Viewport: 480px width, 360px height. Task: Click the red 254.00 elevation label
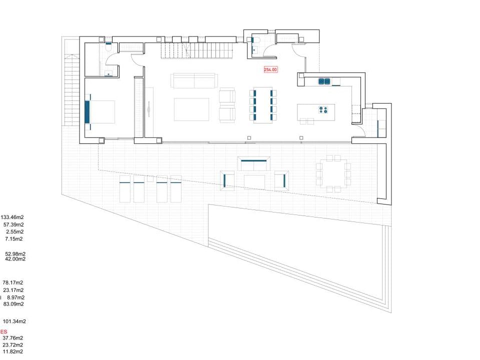[270, 70]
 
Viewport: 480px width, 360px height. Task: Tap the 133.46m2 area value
[12, 217]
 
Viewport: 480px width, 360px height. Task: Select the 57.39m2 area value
[13, 225]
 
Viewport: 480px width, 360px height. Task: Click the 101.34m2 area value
[14, 321]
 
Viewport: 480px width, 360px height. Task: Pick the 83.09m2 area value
[13, 304]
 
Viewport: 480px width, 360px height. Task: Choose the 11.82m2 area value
[13, 352]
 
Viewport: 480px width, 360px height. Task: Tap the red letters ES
[4, 331]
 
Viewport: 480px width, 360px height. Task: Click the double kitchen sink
[324, 81]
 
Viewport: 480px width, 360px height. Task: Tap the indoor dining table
[262, 105]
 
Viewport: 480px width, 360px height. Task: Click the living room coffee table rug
[191, 109]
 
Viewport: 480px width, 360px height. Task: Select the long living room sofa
[193, 80]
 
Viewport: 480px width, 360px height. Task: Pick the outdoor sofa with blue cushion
[254, 163]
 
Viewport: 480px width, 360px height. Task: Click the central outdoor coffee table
[254, 181]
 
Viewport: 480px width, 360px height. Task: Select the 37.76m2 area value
[13, 338]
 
